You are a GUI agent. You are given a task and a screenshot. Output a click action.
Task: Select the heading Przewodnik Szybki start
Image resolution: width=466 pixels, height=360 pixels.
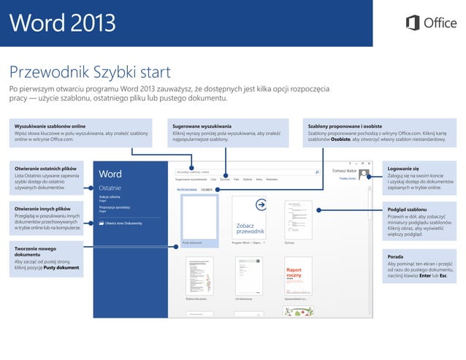pos(90,72)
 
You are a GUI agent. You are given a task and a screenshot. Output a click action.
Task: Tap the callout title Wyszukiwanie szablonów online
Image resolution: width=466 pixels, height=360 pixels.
pos(50,126)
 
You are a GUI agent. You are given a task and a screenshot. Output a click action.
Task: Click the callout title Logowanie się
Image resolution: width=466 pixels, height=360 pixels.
pos(403,169)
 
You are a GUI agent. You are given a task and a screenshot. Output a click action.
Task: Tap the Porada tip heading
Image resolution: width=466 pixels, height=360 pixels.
pos(397,256)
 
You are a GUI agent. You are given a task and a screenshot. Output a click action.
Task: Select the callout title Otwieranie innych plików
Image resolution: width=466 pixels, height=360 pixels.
pos(44,210)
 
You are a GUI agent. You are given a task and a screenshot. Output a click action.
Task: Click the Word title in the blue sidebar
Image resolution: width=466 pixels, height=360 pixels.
pos(110,175)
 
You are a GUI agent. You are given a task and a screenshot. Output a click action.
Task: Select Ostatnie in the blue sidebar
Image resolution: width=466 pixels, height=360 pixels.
pos(111,188)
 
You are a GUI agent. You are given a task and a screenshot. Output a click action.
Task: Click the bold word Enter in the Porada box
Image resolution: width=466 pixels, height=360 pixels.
pos(425,275)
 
